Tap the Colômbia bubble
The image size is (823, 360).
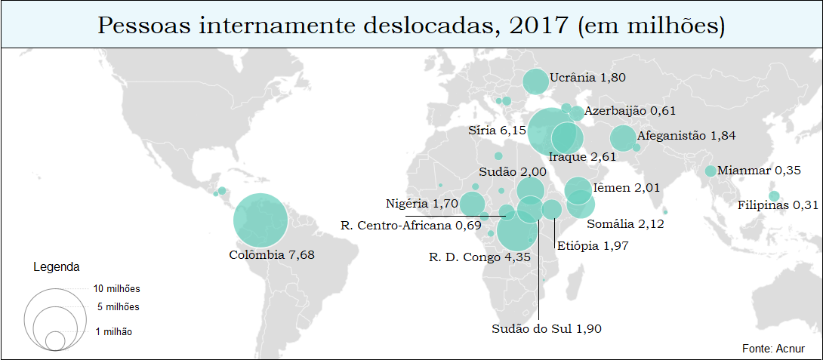click(261, 220)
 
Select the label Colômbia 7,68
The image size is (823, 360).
click(272, 255)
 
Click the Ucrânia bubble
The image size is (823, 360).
click(536, 82)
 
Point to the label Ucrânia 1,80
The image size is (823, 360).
click(588, 78)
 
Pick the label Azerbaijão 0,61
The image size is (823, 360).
click(630, 111)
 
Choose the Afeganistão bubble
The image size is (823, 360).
click(623, 138)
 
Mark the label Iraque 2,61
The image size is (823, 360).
click(582, 157)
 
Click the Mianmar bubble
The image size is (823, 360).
click(710, 171)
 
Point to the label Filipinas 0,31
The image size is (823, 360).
click(778, 205)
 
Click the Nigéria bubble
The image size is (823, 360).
click(473, 204)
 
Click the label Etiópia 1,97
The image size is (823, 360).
click(593, 245)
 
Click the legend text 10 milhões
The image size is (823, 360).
click(117, 289)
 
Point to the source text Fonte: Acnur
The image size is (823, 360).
click(774, 349)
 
